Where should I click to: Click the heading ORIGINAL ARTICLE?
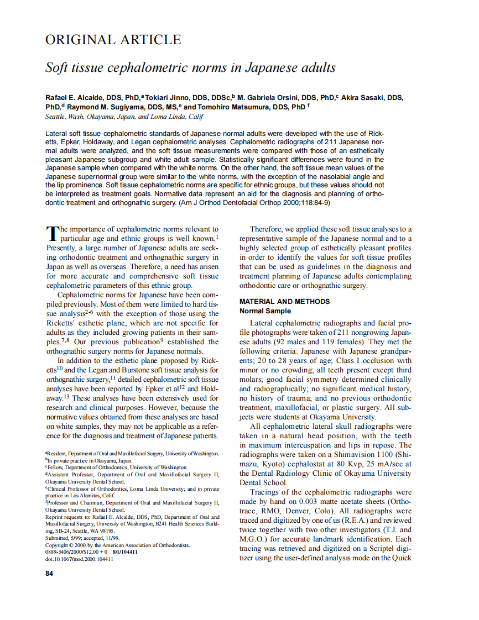click(113, 40)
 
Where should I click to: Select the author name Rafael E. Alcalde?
click(76, 98)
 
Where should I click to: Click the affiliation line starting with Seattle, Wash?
click(124, 117)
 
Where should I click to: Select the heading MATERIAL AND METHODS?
click(284, 302)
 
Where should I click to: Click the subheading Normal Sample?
click(264, 311)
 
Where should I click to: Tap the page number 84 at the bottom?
click(49, 573)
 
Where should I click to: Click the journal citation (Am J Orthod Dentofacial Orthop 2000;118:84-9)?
click(253, 203)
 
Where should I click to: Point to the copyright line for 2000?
click(117, 545)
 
